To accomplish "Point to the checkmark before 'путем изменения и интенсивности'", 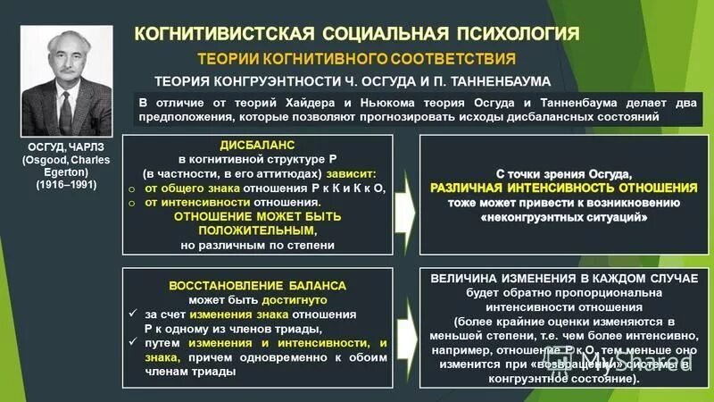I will point(131,343).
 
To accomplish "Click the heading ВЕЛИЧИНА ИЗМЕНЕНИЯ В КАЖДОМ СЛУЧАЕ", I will point(563,279).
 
